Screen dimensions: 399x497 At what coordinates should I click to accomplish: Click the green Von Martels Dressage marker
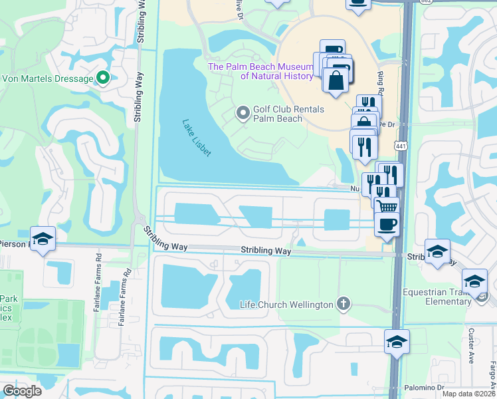pyautogui.click(x=102, y=78)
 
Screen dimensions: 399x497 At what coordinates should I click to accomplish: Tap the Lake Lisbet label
pyautogui.click(x=197, y=138)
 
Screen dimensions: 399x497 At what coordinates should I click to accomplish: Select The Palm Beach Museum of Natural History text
pyautogui.click(x=260, y=71)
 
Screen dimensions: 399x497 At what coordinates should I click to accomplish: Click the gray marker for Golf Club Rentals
pyautogui.click(x=243, y=114)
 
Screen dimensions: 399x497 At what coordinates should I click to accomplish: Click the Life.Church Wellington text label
pyautogui.click(x=286, y=305)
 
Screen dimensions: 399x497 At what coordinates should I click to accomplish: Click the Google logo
pyautogui.click(x=22, y=391)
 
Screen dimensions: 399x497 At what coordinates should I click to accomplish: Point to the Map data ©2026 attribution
pyautogui.click(x=468, y=394)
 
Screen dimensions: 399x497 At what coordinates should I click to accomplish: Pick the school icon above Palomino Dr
pyautogui.click(x=397, y=342)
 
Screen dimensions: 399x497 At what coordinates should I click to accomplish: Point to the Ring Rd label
pyautogui.click(x=381, y=85)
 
